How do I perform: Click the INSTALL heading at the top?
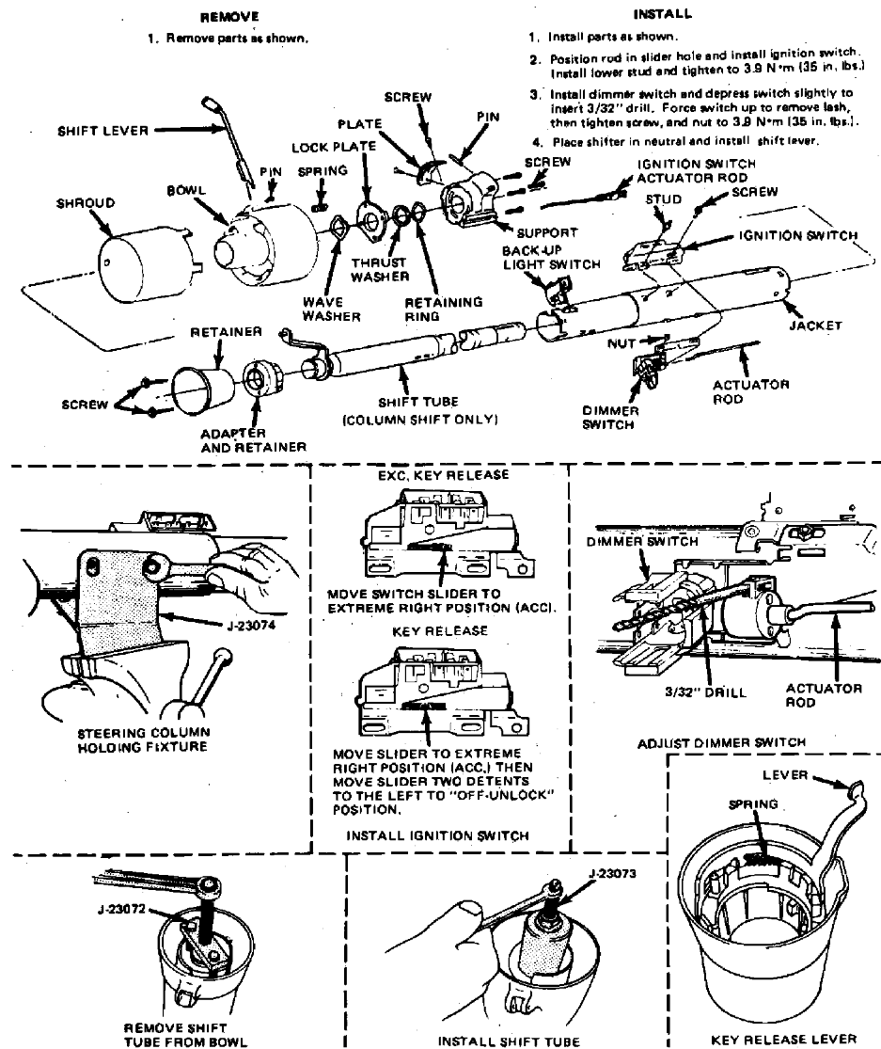click(663, 14)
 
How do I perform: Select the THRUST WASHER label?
click(380, 269)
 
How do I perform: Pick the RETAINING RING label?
click(444, 310)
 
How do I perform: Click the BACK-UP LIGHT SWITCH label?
click(550, 259)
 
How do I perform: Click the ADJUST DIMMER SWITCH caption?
click(737, 742)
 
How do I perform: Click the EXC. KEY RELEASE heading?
click(443, 476)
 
